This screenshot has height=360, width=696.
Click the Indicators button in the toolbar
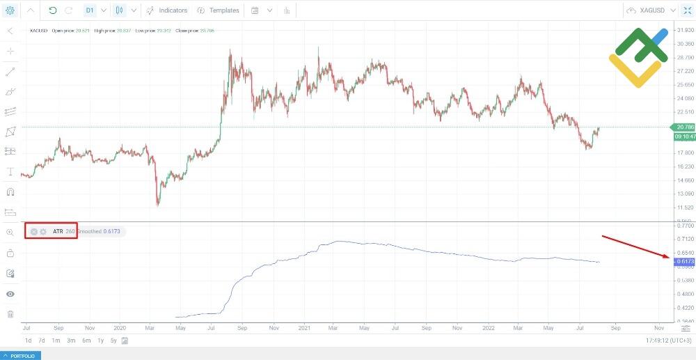pyautogui.click(x=166, y=10)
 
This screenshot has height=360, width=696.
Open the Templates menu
pyautogui.click(x=218, y=10)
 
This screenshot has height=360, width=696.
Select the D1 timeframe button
pyautogui.click(x=90, y=10)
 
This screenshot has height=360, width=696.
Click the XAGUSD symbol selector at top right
pyautogui.click(x=647, y=10)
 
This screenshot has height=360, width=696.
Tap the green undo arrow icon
pyautogui.click(x=53, y=10)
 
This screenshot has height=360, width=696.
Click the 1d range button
pyautogui.click(x=29, y=341)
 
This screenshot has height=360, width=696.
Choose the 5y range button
pyautogui.click(x=113, y=341)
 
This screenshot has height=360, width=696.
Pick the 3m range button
pyautogui.click(x=71, y=341)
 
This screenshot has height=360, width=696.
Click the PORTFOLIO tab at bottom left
pyautogui.click(x=21, y=355)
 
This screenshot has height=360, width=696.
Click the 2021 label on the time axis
pyautogui.click(x=304, y=327)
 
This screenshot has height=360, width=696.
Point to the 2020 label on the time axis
pyautogui.click(x=120, y=327)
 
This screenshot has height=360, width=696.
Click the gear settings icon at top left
pyautogui.click(x=10, y=10)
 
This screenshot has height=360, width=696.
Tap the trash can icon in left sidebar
pyautogui.click(x=10, y=313)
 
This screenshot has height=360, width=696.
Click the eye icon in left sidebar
pyautogui.click(x=10, y=293)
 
